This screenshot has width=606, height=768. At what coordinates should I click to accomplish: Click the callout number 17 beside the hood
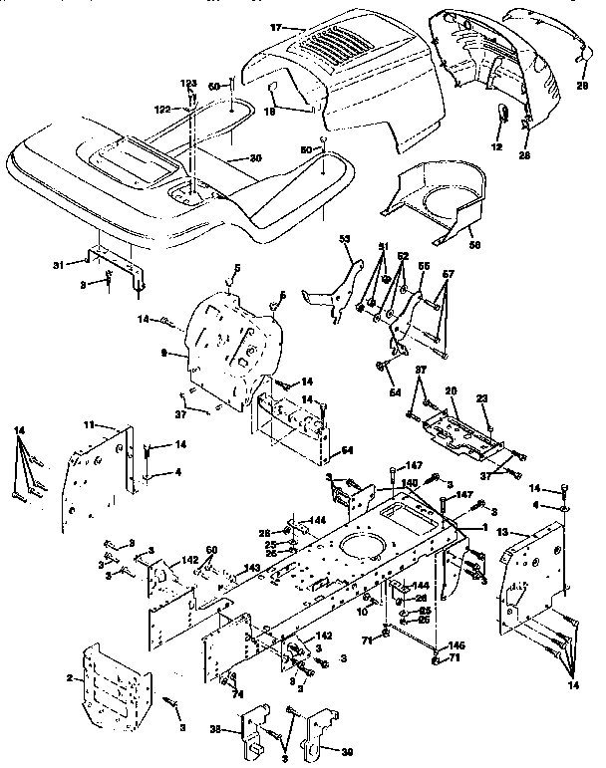click(276, 27)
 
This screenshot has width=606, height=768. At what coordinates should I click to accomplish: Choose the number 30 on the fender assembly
click(255, 158)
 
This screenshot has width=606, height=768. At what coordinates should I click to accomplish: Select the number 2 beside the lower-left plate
click(69, 677)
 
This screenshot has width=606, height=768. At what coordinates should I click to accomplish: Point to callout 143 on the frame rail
click(253, 568)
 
